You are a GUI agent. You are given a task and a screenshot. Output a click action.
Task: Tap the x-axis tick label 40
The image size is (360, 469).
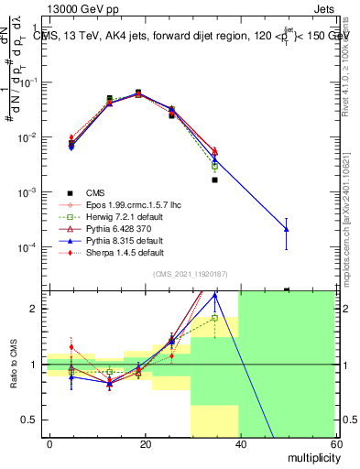tap(239, 443)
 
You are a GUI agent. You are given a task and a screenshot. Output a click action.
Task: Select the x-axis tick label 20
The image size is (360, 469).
tap(145, 443)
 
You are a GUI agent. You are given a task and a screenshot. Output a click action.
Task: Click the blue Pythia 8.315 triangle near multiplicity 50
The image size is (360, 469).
tap(287, 228)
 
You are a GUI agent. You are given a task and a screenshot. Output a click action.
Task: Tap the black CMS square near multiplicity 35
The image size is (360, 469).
tap(214, 180)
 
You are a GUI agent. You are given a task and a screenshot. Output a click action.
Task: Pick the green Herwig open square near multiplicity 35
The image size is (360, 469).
tap(214, 167)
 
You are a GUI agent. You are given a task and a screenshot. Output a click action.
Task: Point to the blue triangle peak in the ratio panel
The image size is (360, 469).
tap(214, 296)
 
